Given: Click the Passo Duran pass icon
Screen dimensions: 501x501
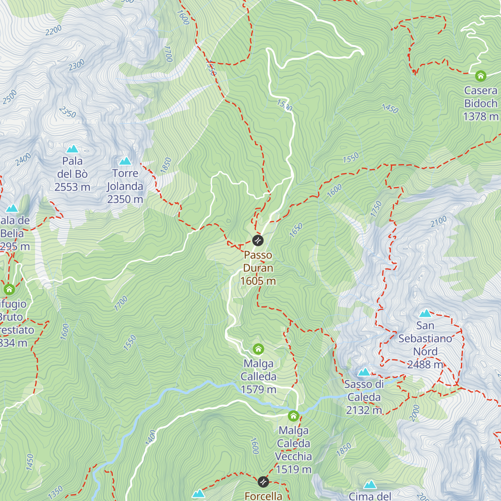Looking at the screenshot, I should click(x=258, y=240).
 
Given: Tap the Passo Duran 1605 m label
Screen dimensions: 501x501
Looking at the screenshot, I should click(x=258, y=268).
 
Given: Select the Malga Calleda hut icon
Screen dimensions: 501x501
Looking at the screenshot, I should click(x=258, y=349).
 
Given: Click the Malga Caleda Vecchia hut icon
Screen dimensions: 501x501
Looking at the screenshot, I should click(x=294, y=416).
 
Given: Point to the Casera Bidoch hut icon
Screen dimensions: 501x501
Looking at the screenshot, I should click(x=481, y=76).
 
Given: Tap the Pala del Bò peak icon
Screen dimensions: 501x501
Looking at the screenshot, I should click(x=73, y=149).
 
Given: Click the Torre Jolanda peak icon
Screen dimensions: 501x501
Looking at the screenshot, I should click(x=125, y=161).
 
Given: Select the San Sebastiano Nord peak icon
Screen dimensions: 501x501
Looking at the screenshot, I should click(x=425, y=313).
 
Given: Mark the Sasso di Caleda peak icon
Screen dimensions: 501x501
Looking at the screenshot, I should click(x=364, y=372).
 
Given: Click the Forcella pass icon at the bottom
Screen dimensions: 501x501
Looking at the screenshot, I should click(x=263, y=481).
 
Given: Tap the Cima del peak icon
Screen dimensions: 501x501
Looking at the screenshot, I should click(x=370, y=484).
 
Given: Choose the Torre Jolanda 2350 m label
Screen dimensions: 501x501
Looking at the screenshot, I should click(x=125, y=186).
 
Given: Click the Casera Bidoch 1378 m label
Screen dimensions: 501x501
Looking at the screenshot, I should click(x=481, y=104).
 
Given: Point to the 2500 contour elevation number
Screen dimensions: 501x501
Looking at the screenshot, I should click(x=10, y=97).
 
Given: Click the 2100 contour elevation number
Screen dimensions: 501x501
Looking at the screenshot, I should click(x=438, y=221).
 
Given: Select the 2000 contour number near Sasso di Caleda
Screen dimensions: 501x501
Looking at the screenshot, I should click(x=414, y=413).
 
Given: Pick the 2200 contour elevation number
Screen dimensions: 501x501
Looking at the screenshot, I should click(x=53, y=30).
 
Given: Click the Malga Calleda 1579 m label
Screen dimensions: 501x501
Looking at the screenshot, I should click(x=258, y=377).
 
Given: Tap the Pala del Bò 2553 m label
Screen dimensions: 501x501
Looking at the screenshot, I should click(x=73, y=174).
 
